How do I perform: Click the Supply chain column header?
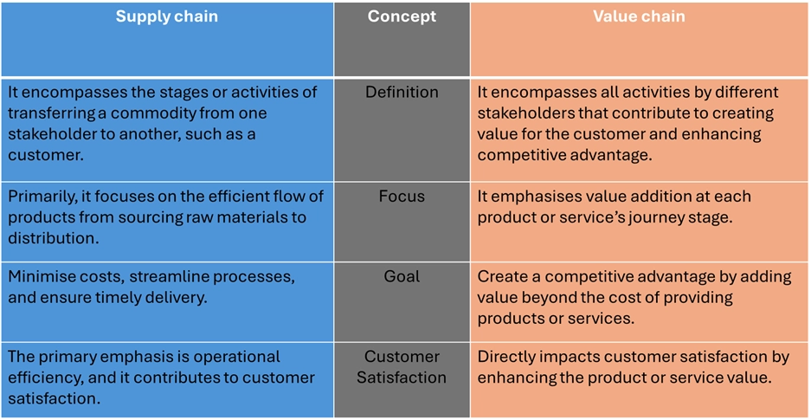(166, 16)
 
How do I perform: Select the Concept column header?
(402, 16)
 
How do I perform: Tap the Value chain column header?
(640, 16)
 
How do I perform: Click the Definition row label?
(402, 93)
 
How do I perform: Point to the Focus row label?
(402, 197)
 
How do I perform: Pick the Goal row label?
(402, 277)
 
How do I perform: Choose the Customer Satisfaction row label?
(402, 366)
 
